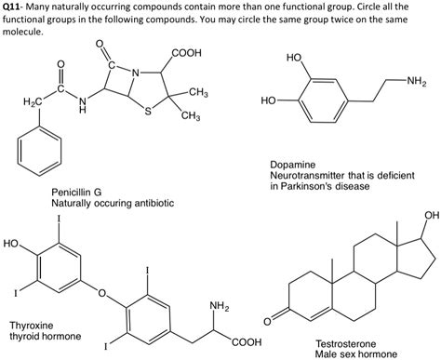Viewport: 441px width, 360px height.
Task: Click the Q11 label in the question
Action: click(17, 7)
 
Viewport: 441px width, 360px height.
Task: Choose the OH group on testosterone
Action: click(429, 216)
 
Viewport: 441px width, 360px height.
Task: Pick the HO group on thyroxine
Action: click(12, 244)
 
